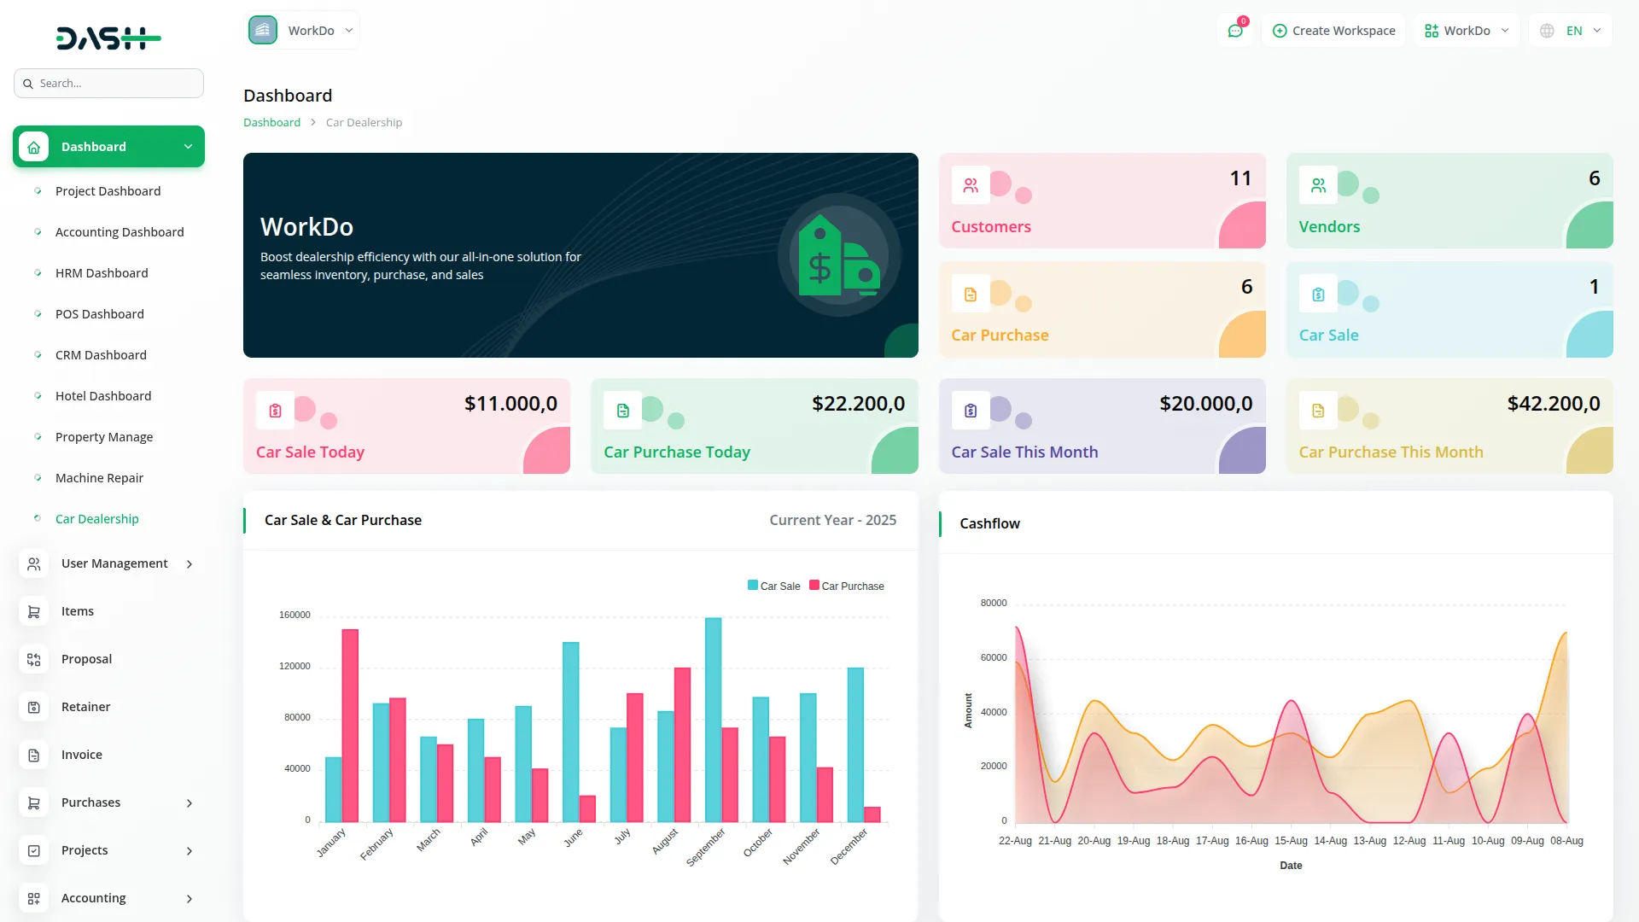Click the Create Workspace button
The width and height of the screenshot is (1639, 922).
pos(1333,31)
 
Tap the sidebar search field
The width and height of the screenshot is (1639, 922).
pos(109,84)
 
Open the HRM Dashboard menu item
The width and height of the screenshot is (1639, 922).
pos(102,273)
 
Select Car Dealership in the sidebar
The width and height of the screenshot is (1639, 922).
pos(96,519)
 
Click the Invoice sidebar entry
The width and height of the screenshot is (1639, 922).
pos(82,755)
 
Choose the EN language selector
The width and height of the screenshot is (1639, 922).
pos(1572,31)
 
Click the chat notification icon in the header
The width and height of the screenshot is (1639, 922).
pos(1235,31)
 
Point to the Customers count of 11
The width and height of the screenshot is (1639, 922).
pos(1240,178)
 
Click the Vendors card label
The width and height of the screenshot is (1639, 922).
pos(1329,227)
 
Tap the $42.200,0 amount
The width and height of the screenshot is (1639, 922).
pos(1554,404)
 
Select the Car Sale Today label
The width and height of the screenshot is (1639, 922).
pos(310,452)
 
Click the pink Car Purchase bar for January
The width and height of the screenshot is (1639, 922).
pos(350,726)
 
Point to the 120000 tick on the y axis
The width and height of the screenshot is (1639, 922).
pos(295,666)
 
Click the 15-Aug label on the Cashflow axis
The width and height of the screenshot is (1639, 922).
pos(1291,841)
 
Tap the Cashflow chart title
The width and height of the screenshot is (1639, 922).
pos(989,523)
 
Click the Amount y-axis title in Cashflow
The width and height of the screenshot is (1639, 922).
pos(968,710)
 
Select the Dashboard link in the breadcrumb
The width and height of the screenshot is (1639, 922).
pos(271,123)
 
